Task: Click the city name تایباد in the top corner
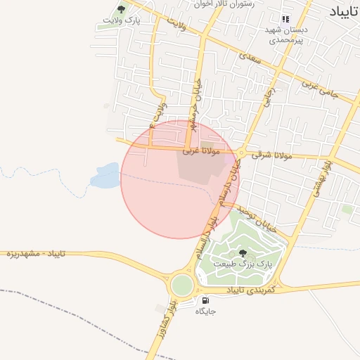pyautogui.click(x=343, y=11)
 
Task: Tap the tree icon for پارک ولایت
pyautogui.click(x=122, y=10)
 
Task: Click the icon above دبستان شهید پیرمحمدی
pyautogui.click(x=285, y=19)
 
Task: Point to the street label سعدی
pyautogui.click(x=250, y=58)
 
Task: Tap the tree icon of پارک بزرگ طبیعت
pyautogui.click(x=243, y=252)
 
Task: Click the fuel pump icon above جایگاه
pyautogui.click(x=205, y=300)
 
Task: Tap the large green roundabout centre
pyautogui.click(x=181, y=285)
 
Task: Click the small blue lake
pyautogui.click(x=105, y=176)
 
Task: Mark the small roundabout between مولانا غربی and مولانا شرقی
pyautogui.click(x=240, y=153)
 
